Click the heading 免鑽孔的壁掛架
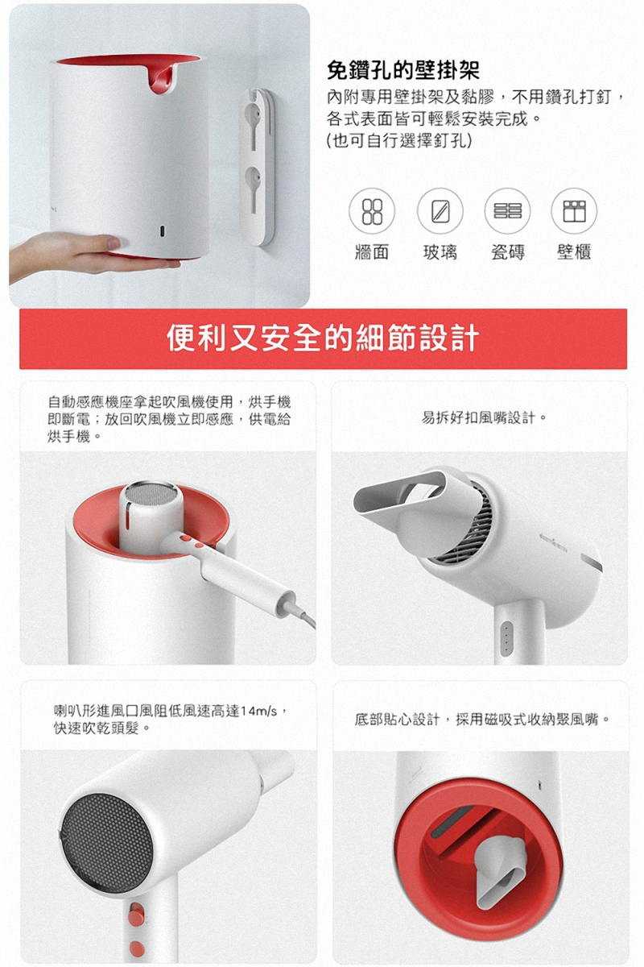[402, 70]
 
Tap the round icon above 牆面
[371, 211]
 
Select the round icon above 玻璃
[440, 211]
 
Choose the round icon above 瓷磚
[507, 211]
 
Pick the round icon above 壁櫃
[574, 211]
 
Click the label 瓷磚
[508, 252]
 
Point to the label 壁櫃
[574, 252]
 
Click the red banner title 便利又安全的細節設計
[323, 338]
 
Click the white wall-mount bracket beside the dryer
[258, 167]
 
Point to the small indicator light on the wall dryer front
[162, 231]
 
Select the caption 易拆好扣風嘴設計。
[485, 417]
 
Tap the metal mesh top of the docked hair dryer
[154, 492]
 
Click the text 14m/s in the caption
[259, 711]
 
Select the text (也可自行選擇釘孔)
[398, 140]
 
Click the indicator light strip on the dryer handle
[506, 638]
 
